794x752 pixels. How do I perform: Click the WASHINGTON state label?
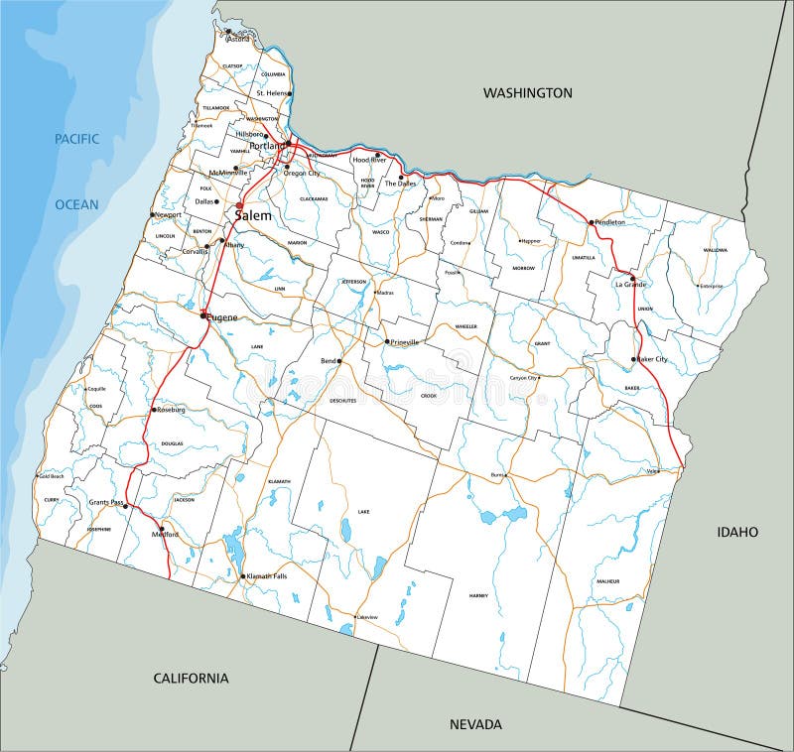527,92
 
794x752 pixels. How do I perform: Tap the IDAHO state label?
737,532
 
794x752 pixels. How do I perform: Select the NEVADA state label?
474,724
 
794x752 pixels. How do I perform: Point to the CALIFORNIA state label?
191,679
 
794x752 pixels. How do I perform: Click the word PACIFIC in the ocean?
76,139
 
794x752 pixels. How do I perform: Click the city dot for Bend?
339,361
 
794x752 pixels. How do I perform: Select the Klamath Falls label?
267,575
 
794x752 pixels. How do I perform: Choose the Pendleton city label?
610,222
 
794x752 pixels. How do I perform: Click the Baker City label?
652,359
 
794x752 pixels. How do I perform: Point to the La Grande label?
631,285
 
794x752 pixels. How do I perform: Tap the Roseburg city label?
171,409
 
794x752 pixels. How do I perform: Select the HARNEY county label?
478,595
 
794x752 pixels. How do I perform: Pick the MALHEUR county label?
608,581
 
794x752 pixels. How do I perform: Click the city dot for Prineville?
387,342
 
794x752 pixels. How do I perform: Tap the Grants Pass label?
105,503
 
